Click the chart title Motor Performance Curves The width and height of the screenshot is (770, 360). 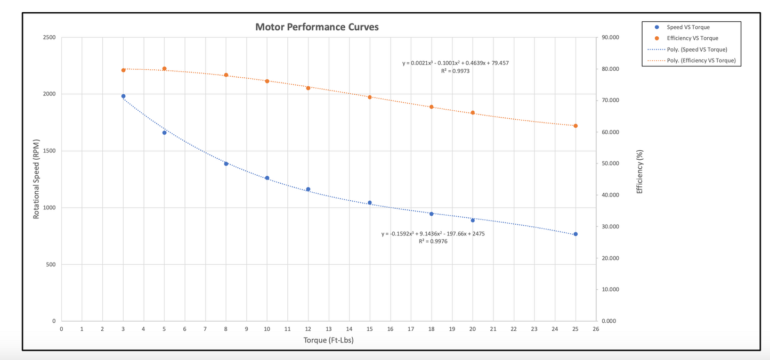point(317,27)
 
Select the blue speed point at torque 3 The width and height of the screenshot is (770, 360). point(123,96)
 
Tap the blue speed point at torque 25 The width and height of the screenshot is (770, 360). point(576,234)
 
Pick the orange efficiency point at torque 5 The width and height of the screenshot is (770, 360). point(164,69)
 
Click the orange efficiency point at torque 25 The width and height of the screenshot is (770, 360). point(576,126)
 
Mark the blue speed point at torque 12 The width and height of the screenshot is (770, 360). point(308,189)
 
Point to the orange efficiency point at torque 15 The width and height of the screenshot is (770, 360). point(370,97)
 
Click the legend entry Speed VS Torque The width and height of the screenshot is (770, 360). point(688,27)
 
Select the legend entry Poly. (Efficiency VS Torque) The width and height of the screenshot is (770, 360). point(701,61)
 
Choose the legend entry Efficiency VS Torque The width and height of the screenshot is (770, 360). point(692,38)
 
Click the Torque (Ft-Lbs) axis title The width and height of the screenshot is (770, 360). point(328,340)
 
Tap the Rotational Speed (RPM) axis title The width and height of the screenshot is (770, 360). point(37,179)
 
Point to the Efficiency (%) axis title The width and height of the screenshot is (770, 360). point(639,171)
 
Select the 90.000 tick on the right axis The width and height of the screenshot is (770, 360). point(611,38)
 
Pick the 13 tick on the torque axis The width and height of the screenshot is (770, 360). point(328,329)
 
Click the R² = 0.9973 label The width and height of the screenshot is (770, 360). point(455,71)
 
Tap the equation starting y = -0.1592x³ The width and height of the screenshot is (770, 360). point(433,234)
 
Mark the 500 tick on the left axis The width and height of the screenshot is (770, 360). point(51,265)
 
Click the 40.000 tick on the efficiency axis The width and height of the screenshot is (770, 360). point(611,195)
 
